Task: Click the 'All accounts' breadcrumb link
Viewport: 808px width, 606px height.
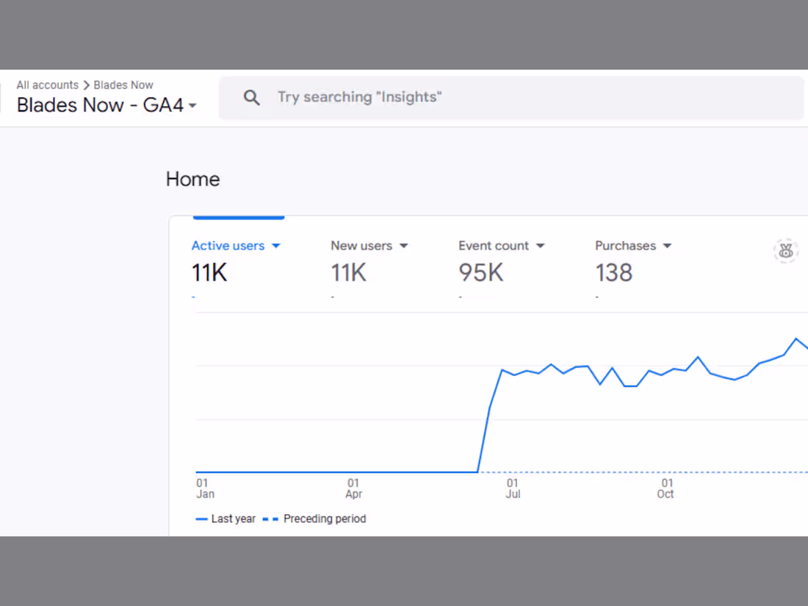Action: pos(47,85)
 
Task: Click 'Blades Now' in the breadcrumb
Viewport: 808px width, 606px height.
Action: pos(123,85)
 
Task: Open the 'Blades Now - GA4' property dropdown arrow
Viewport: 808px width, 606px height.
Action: pos(192,107)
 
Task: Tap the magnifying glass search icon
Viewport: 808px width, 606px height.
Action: pos(251,98)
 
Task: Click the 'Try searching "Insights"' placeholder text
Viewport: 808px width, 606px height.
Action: pos(359,97)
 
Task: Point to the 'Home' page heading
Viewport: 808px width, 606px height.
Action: pos(192,179)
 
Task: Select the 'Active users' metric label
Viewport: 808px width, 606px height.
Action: pos(228,246)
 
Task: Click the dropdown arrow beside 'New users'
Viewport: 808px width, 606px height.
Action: pos(403,246)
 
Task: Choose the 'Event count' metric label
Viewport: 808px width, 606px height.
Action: pos(493,246)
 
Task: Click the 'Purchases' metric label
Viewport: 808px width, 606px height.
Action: pos(625,246)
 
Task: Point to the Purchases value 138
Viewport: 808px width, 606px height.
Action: pos(613,273)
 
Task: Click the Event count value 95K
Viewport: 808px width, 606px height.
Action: pos(480,273)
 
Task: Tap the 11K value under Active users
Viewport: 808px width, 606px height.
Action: pos(209,273)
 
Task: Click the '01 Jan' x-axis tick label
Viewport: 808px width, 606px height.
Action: pos(205,488)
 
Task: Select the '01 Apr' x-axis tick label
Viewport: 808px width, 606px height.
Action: pos(354,488)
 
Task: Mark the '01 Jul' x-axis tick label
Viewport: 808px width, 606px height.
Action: pos(513,488)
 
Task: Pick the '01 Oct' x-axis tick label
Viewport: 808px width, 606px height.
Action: pos(665,488)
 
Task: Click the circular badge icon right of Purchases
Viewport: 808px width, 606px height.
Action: pos(785,251)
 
